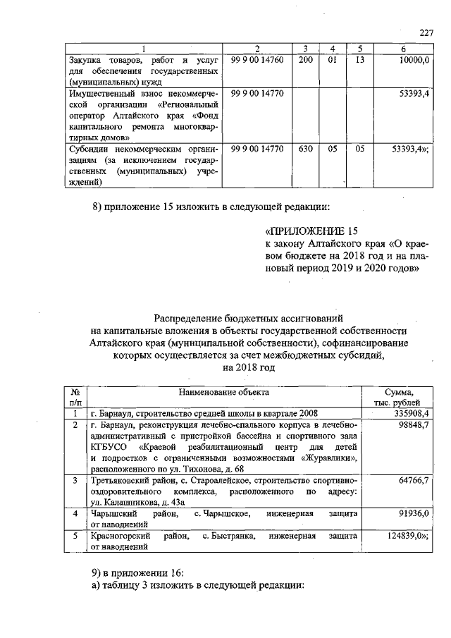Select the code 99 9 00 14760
click(257, 61)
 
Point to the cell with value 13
click(359, 61)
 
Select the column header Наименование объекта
click(223, 391)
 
